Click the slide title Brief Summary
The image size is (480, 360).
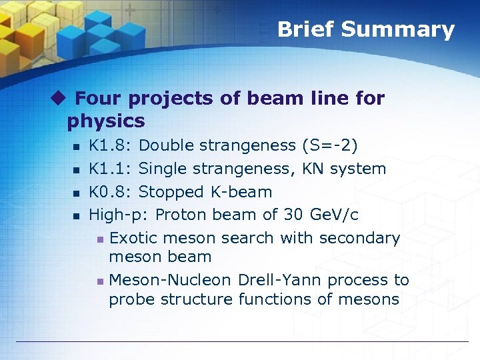(365, 29)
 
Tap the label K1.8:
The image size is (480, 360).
(111, 145)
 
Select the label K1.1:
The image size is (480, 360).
(111, 169)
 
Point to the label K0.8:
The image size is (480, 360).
(111, 192)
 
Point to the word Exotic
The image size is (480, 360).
(134, 238)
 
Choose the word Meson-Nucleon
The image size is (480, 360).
(169, 280)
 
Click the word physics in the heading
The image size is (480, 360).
(106, 121)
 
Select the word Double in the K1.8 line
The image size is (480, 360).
(167, 145)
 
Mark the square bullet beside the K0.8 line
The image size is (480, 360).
(77, 193)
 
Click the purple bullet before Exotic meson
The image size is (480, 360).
(99, 239)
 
